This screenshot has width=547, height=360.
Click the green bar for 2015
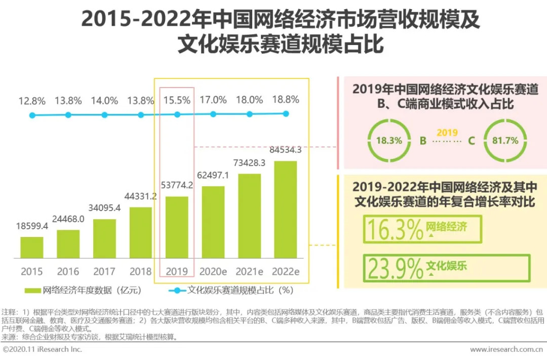pos(32,248)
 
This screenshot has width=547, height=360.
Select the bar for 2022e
pos(286,210)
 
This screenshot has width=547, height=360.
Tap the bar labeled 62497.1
pos(213,222)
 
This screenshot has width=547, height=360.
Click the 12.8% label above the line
pos(32,100)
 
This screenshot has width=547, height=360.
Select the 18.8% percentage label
pos(286,99)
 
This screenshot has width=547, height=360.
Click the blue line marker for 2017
pos(105,115)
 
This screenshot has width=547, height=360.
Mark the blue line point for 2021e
pos(250,114)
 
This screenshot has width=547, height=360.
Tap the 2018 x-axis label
pos(140,271)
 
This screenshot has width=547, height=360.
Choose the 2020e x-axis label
pos(213,271)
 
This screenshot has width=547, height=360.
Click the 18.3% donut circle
pos(388,140)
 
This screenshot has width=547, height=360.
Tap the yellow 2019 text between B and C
pos(447,133)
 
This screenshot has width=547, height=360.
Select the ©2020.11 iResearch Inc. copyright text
pos(43,349)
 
